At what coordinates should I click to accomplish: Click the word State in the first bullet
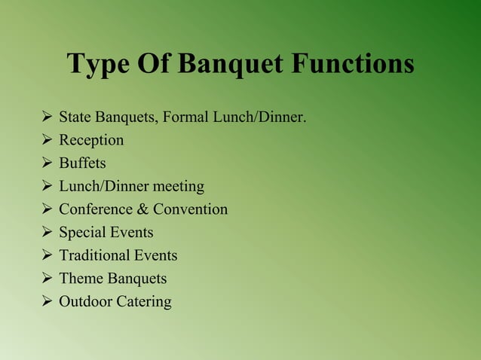[x=75, y=117]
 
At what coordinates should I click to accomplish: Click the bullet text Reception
[x=91, y=141]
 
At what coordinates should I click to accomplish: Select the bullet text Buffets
[x=82, y=163]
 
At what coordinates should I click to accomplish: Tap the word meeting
[x=178, y=187]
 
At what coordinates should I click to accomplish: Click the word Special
[x=81, y=233]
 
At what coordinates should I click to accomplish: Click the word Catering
[x=145, y=303]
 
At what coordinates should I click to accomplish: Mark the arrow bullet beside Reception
[x=47, y=141]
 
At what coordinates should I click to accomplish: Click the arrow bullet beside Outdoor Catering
[x=47, y=302]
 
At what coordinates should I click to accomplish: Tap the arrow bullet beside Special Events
[x=47, y=233]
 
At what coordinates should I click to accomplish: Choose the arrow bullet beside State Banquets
[x=47, y=117]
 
